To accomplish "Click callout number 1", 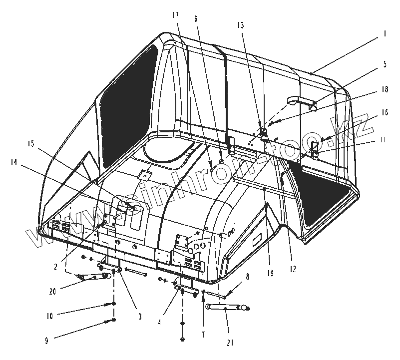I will [385, 34].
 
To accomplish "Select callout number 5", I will [385, 64].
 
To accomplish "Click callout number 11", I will [383, 140].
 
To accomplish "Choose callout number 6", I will [196, 18].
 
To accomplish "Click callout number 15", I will [31, 144].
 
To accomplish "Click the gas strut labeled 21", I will [226, 309].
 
